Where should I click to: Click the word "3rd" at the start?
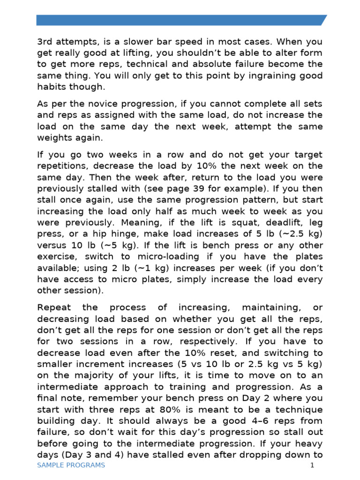[45, 42]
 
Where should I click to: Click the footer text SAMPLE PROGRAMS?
[71, 465]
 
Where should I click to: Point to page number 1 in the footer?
[312, 465]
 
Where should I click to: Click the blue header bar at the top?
[180, 20]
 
